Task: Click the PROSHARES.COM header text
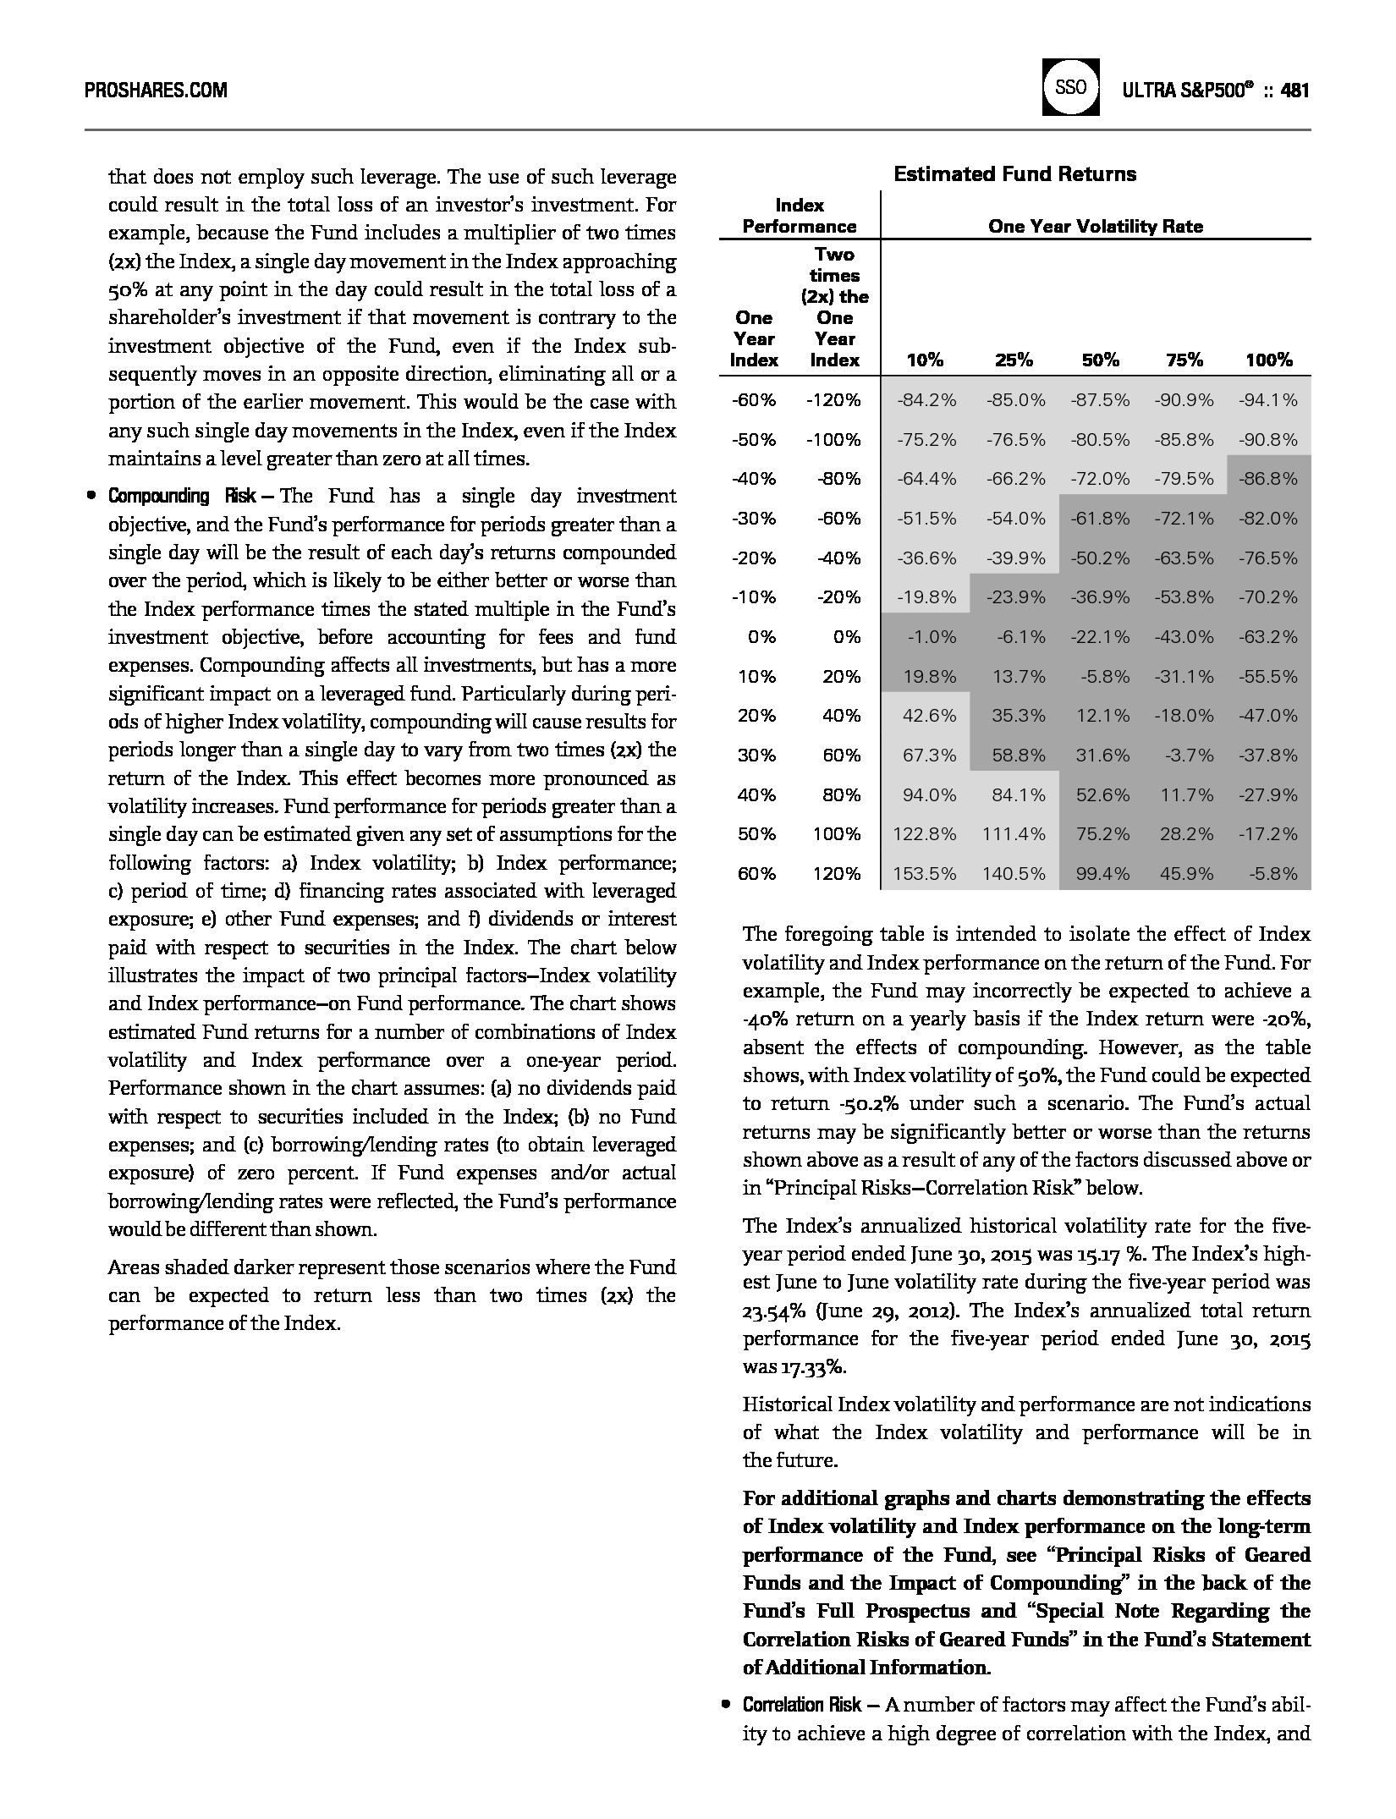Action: (156, 91)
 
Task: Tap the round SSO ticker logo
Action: (1070, 87)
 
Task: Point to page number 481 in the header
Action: (1294, 91)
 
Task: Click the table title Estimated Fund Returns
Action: (1014, 174)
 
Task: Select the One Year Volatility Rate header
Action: (1095, 227)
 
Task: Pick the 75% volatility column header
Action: (1184, 360)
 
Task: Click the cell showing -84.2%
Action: (926, 400)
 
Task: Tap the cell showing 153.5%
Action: (925, 874)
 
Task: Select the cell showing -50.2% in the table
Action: (1100, 558)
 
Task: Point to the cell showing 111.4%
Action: (1014, 834)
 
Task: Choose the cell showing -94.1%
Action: (1267, 400)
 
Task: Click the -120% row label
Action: (833, 400)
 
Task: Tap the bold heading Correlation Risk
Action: (801, 1705)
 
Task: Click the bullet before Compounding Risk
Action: (91, 496)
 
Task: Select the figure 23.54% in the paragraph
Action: (773, 1311)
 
